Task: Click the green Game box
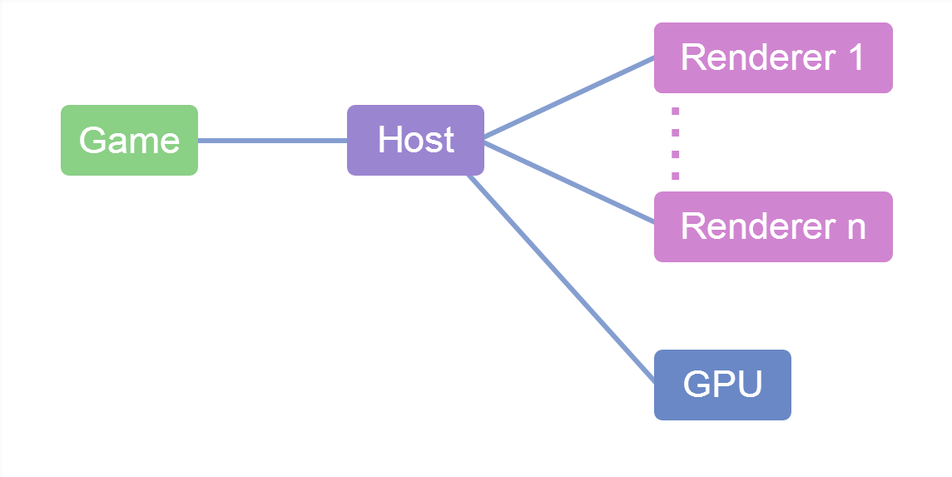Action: pos(129,140)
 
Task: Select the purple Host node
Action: pos(415,140)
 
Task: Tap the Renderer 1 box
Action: pos(772,57)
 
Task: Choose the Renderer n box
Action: pos(772,226)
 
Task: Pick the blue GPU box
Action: pos(721,385)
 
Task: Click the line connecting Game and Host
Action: pos(272,141)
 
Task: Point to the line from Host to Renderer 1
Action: pos(568,97)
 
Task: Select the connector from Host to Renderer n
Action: pos(568,182)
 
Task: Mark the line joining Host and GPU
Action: pos(562,277)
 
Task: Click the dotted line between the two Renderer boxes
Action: pos(675,142)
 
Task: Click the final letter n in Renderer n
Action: pos(855,227)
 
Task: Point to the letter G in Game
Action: pos(93,140)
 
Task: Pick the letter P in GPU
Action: pos(722,385)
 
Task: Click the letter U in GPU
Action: pos(749,385)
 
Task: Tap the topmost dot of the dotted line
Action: pos(675,111)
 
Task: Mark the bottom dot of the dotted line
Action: pos(675,176)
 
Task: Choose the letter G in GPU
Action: pos(697,385)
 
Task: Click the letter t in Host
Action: pos(448,140)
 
